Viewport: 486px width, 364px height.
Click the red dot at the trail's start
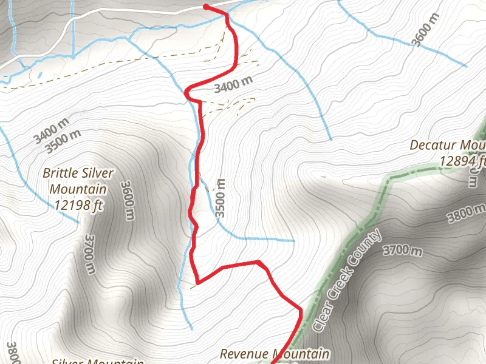[206, 7]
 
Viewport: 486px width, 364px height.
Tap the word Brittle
[59, 174]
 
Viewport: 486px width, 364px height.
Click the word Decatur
[433, 146]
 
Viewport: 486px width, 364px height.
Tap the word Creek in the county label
[347, 277]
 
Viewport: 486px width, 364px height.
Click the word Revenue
[243, 353]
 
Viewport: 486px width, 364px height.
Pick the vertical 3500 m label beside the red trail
[221, 198]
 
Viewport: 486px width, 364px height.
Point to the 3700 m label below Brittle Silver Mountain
[89, 254]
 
